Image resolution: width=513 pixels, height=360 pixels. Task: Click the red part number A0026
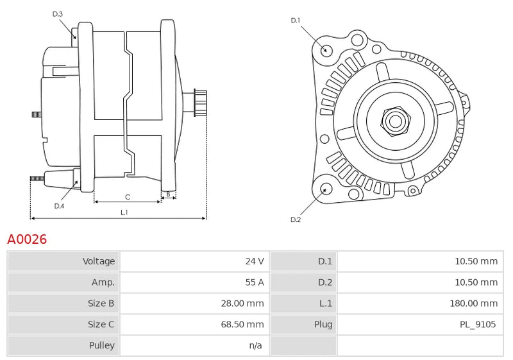tap(27, 239)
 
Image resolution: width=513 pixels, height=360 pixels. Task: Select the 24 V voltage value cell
tap(255, 261)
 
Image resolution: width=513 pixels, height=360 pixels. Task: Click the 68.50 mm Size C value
tap(242, 324)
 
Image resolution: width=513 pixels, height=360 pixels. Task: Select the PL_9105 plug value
tap(477, 324)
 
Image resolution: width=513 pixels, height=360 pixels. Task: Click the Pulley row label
tap(101, 345)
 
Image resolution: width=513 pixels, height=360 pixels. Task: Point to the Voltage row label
tap(99, 261)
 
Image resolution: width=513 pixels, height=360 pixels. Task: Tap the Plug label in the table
tap(323, 324)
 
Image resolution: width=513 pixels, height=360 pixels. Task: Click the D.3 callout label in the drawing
tap(58, 14)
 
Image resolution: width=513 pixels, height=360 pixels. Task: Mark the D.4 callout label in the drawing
tap(59, 206)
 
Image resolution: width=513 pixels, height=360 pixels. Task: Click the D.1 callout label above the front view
tap(296, 21)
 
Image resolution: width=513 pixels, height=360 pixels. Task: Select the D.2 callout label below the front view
tap(296, 219)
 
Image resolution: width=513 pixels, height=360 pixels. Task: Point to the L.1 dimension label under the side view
tap(124, 212)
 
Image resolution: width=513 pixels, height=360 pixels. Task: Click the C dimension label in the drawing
tap(128, 197)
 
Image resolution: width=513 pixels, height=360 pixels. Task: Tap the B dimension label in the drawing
tap(168, 193)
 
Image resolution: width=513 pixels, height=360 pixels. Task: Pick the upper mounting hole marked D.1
tap(326, 50)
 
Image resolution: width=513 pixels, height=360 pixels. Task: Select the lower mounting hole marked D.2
tap(326, 189)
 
